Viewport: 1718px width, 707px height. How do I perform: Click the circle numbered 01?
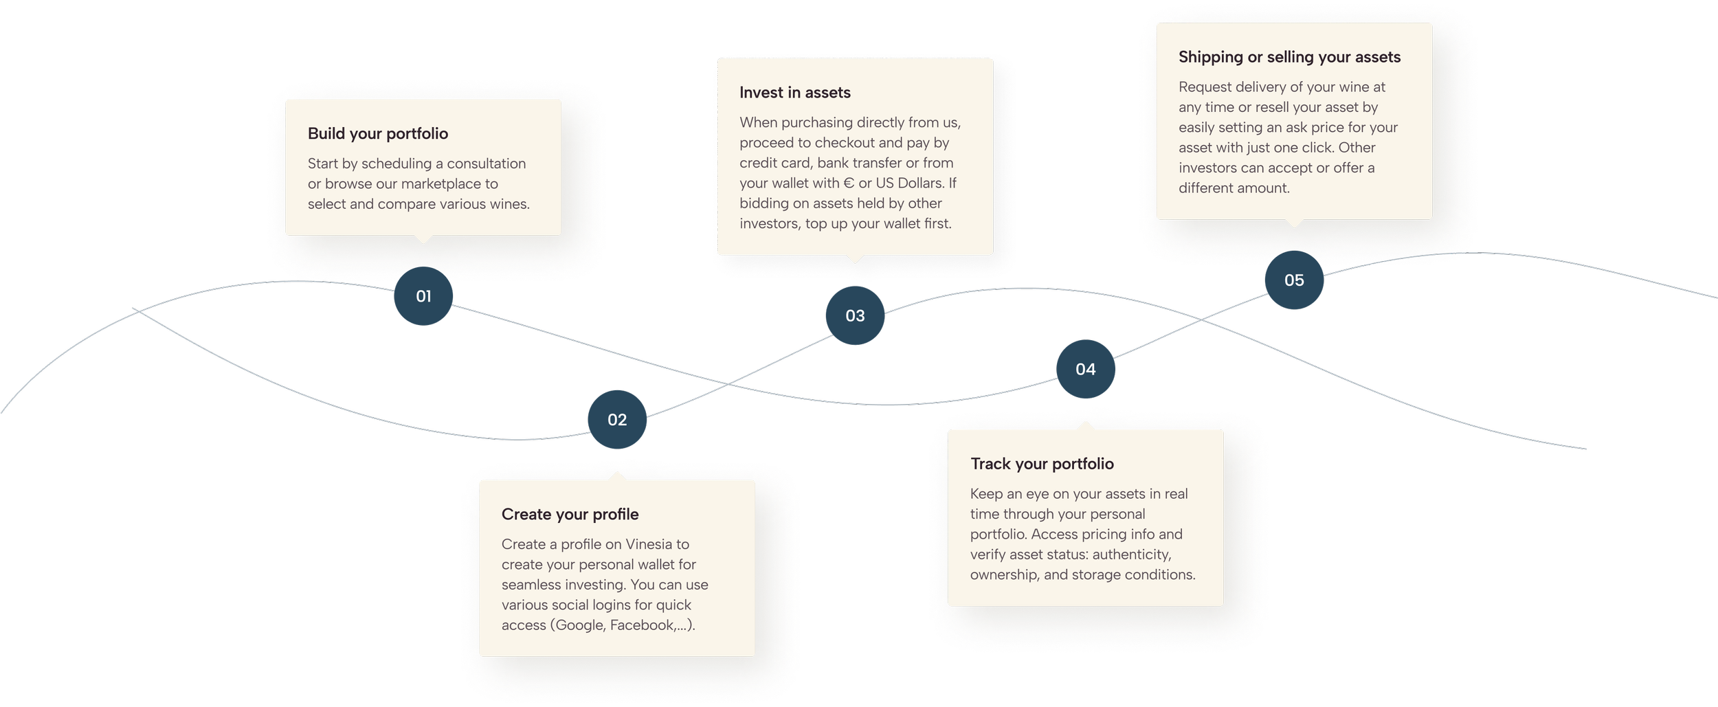click(423, 296)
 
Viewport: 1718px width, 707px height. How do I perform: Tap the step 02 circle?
click(617, 420)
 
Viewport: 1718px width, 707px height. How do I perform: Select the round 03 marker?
click(855, 315)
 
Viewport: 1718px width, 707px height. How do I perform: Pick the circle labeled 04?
click(1085, 369)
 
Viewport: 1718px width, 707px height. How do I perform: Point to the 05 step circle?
click(1294, 280)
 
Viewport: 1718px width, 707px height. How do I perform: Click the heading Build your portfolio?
click(377, 133)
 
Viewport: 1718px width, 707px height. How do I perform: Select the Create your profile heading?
click(570, 514)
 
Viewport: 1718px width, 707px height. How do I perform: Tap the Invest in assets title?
click(794, 93)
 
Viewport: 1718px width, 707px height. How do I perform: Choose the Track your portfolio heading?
click(1042, 464)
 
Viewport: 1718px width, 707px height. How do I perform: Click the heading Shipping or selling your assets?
click(1289, 57)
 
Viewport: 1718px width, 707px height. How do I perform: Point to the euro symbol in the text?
click(849, 183)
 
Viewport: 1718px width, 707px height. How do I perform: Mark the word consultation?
click(486, 164)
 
